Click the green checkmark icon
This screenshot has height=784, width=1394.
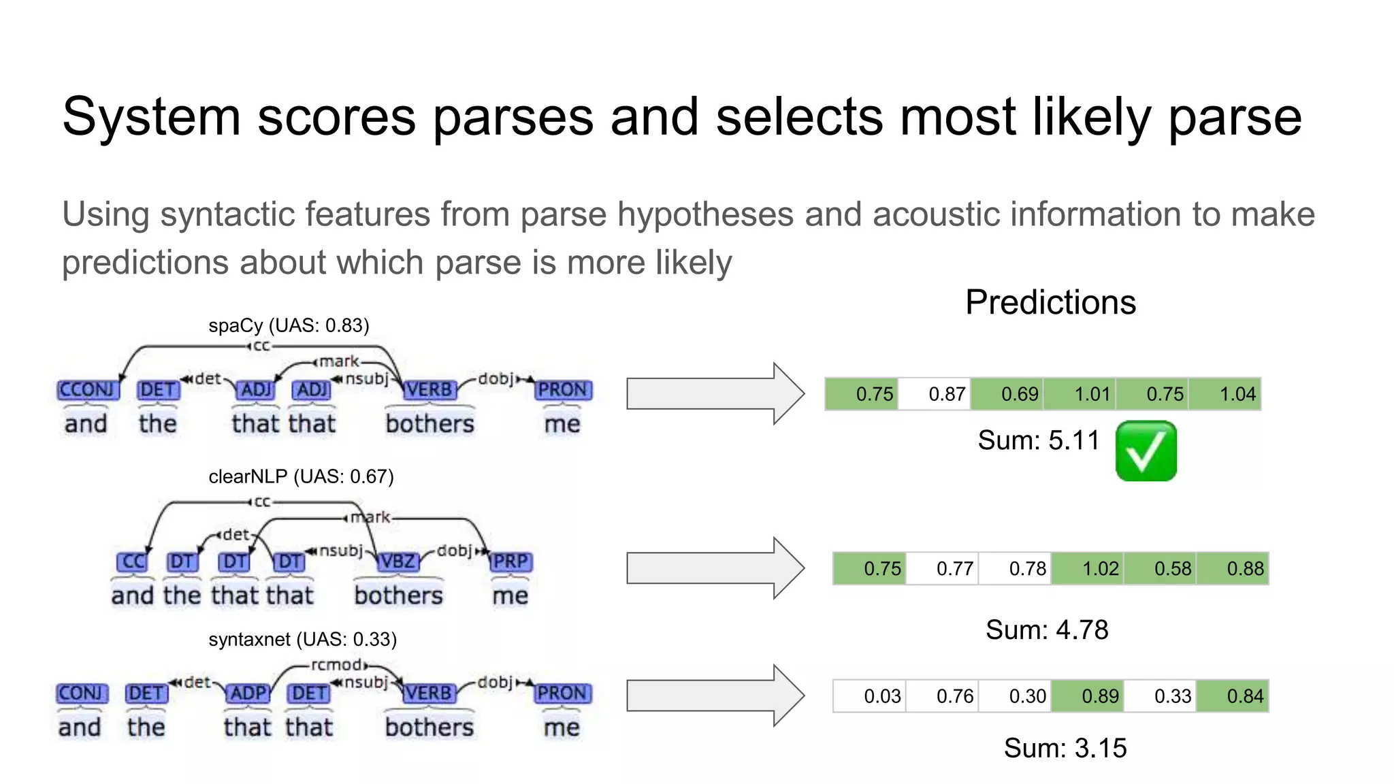pos(1146,451)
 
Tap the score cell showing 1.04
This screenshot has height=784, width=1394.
pos(1225,394)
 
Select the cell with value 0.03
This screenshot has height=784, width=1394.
pos(870,696)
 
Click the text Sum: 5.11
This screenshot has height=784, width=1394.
pos(1039,440)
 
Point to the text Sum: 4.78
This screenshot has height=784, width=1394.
pos(1047,630)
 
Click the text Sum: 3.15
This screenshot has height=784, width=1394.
pos(1065,748)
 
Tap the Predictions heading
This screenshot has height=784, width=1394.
pos(1050,302)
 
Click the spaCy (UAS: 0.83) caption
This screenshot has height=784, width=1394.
pos(289,325)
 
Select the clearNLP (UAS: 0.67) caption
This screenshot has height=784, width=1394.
pos(301,476)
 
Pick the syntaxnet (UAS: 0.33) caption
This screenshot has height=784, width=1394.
pos(302,639)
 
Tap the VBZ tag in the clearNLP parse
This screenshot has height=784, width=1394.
pos(398,561)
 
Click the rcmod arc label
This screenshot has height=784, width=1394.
pos(338,664)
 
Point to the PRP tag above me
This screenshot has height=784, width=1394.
pos(510,561)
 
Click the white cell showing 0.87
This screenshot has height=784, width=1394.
pos(935,394)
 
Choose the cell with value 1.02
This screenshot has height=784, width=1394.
pos(1088,568)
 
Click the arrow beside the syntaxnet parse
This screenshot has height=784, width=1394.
pos(715,696)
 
